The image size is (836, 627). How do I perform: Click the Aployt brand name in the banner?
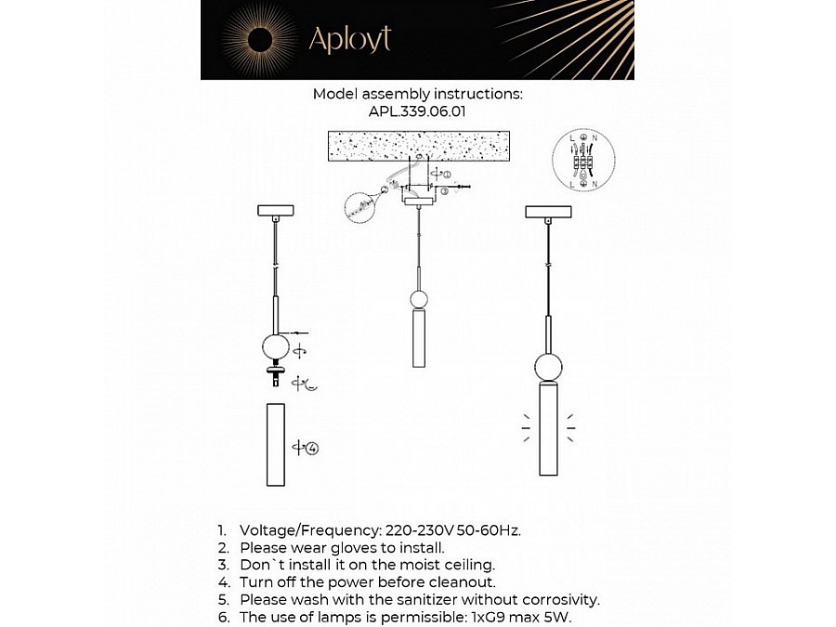(349, 39)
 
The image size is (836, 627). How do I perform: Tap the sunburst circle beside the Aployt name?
(260, 39)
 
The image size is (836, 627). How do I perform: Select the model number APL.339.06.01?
(417, 111)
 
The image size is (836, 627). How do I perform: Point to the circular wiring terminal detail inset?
(585, 160)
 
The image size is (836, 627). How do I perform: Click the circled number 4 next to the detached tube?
(312, 448)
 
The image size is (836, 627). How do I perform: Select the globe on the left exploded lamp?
(275, 347)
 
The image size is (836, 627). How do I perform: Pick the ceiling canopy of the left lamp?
(275, 210)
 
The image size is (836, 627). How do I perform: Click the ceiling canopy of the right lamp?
(548, 212)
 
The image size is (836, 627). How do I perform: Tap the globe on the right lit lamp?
(548, 366)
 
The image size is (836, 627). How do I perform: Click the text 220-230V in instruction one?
(417, 529)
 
